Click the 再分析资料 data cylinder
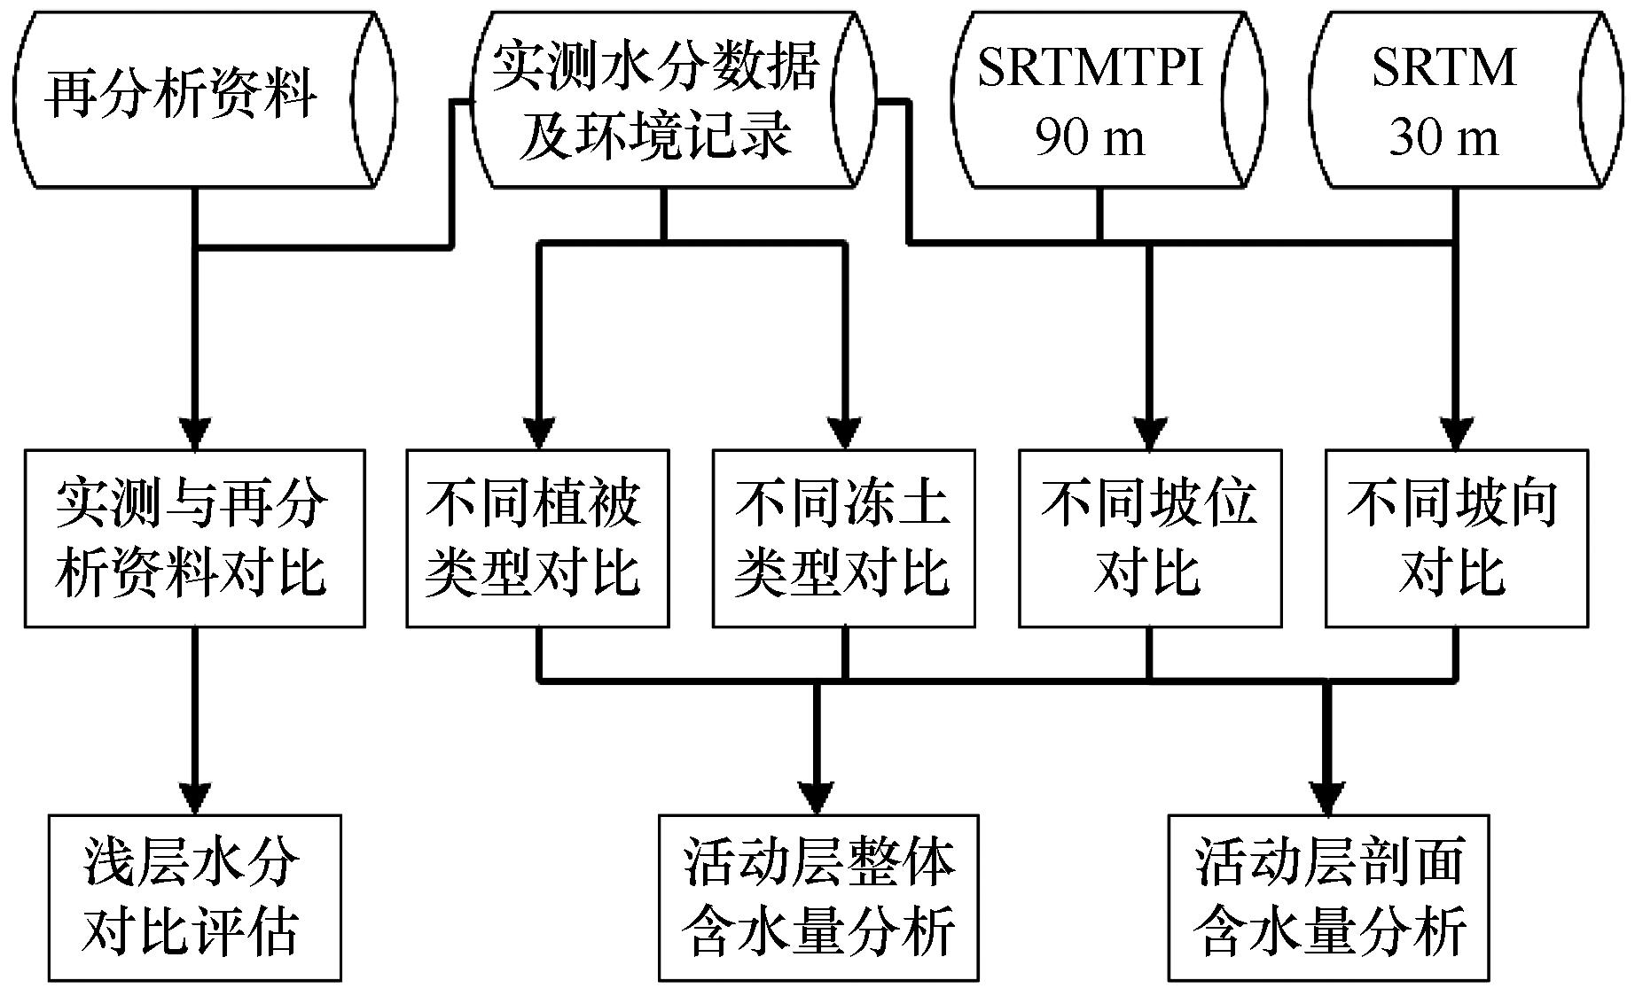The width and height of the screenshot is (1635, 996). pyautogui.click(x=205, y=99)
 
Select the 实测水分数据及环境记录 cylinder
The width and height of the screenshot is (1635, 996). pyautogui.click(x=673, y=99)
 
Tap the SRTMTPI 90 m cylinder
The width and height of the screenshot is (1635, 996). pyautogui.click(x=1107, y=99)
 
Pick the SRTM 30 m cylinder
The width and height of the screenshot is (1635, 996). pyautogui.click(x=1469, y=99)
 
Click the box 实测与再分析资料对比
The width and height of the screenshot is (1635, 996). pyautogui.click(x=195, y=539)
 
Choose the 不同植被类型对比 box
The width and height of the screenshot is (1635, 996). pyautogui.click(x=537, y=539)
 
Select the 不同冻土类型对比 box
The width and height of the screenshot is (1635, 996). pyautogui.click(x=844, y=539)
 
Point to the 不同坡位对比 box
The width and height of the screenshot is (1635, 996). pyautogui.click(x=1150, y=539)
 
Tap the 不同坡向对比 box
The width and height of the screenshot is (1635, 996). pyautogui.click(x=1457, y=539)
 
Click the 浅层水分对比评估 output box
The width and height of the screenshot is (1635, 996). pyautogui.click(x=194, y=898)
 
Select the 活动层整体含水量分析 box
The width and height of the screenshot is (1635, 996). pyautogui.click(x=818, y=898)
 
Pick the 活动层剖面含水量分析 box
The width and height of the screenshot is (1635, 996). pyautogui.click(x=1328, y=898)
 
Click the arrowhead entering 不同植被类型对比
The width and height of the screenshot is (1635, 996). pyautogui.click(x=537, y=433)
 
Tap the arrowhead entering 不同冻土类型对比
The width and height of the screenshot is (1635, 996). pyautogui.click(x=844, y=433)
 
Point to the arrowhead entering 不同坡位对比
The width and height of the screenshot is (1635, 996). pyautogui.click(x=1150, y=433)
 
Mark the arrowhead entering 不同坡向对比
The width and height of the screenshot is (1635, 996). pyautogui.click(x=1457, y=433)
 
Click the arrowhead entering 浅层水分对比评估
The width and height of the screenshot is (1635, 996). pyautogui.click(x=194, y=798)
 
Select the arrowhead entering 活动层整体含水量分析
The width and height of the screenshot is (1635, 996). pyautogui.click(x=817, y=798)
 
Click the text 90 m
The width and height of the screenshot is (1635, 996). pyautogui.click(x=1090, y=138)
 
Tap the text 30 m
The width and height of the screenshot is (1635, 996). pyautogui.click(x=1443, y=138)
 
